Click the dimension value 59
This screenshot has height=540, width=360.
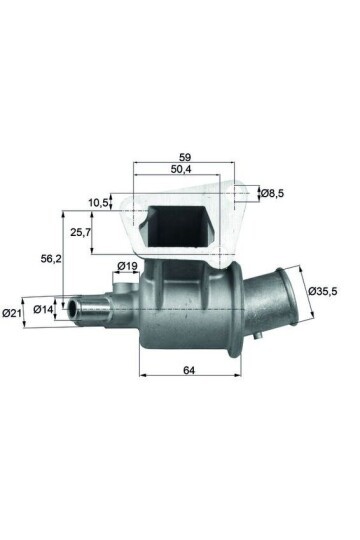click(185, 157)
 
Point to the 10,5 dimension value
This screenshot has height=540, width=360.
click(99, 203)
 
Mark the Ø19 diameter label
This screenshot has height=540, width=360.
click(127, 266)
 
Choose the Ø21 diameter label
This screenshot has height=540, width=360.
click(12, 313)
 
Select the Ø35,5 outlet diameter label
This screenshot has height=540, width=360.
click(324, 291)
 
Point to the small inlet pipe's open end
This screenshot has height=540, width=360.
click(70, 306)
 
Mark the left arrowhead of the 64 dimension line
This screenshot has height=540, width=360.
click(142, 376)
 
